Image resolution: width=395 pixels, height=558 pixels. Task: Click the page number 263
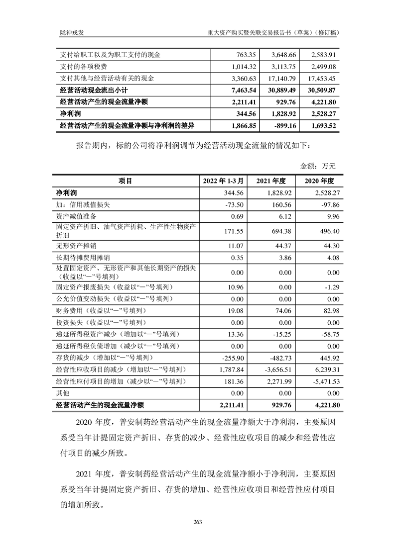(197, 522)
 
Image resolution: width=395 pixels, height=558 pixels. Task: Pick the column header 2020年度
(319, 181)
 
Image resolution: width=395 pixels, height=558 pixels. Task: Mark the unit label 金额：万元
(318, 166)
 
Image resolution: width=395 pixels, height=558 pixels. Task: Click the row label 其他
(65, 393)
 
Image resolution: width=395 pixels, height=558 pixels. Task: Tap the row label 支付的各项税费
(83, 66)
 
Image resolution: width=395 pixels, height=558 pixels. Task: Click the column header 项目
(125, 181)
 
